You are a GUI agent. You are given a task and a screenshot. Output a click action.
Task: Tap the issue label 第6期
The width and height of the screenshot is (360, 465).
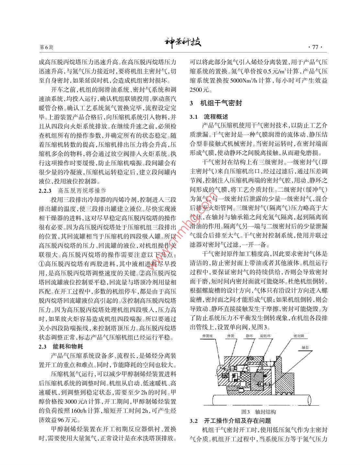pos(46,47)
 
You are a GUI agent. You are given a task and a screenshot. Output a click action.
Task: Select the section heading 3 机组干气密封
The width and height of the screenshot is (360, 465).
pos(216,103)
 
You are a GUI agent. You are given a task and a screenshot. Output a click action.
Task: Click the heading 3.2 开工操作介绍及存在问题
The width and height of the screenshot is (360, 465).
pos(230,421)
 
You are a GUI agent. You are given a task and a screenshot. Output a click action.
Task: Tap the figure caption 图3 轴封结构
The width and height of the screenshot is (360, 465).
pos(259,412)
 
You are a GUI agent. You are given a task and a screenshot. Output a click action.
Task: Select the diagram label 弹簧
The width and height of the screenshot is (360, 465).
pos(231,336)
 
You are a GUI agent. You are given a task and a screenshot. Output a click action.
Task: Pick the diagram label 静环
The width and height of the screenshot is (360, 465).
pos(249,336)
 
